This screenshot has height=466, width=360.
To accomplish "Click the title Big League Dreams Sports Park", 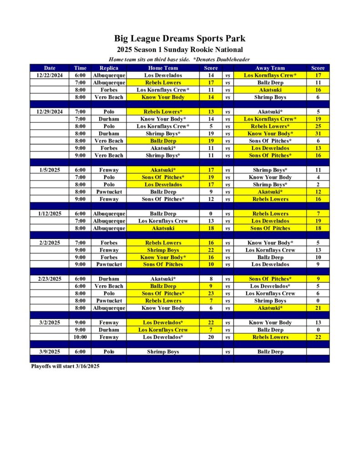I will [x=179, y=39].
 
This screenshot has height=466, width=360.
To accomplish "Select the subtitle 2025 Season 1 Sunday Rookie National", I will [x=179, y=50].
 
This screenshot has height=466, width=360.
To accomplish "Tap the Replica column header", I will [x=109, y=68].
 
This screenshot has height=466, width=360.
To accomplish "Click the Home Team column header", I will [x=163, y=68].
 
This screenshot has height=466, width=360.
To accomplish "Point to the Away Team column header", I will [x=270, y=68].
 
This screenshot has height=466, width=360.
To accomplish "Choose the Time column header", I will [x=80, y=68].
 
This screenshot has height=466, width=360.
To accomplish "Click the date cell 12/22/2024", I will [x=50, y=75].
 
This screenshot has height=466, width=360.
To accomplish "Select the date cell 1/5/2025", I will [x=50, y=170].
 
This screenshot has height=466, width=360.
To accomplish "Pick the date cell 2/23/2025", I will [x=50, y=279].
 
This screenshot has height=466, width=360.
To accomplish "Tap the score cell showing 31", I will [x=318, y=133].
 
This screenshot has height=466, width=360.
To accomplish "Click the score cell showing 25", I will [x=318, y=126].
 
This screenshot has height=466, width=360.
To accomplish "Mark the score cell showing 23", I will [x=211, y=294].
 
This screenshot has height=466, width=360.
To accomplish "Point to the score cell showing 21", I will [x=318, y=308].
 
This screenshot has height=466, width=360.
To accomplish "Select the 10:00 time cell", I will [x=80, y=337].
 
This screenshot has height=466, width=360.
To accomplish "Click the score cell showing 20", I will [x=211, y=337].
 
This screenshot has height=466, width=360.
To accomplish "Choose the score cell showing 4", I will [x=318, y=177].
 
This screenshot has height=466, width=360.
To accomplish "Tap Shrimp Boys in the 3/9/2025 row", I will [x=163, y=352].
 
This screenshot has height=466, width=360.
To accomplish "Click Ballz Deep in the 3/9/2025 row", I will [x=270, y=352].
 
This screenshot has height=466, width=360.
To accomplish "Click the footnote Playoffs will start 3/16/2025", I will [x=65, y=366].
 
